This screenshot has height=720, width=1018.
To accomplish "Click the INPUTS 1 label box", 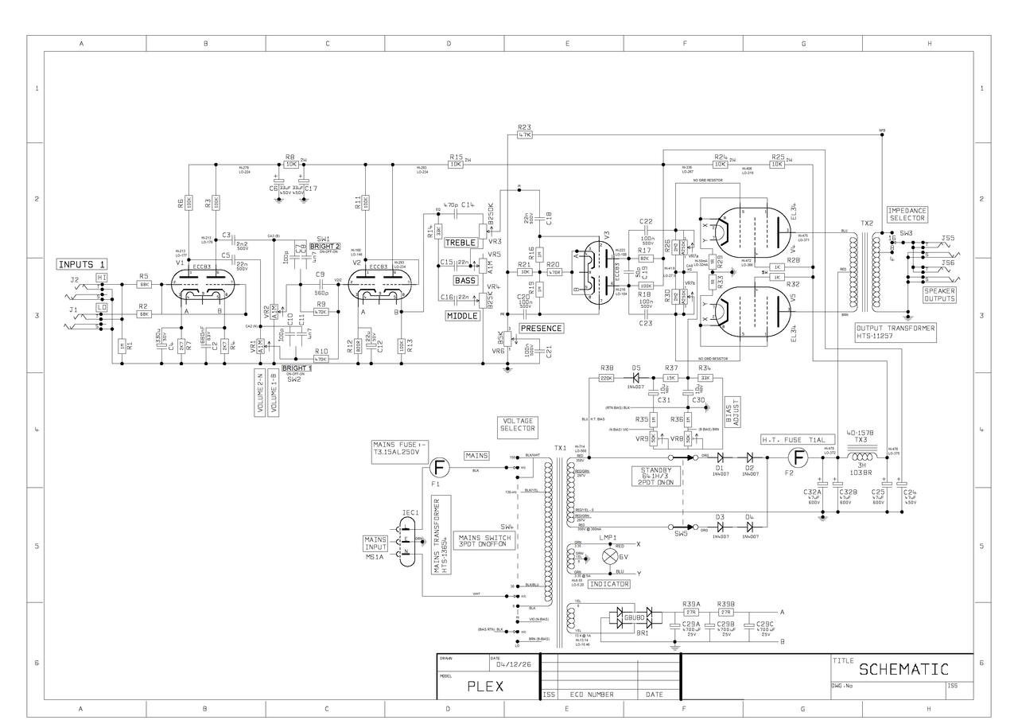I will [81, 264].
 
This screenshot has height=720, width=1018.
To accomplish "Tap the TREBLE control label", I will [460, 242].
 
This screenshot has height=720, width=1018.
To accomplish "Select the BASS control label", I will [464, 280].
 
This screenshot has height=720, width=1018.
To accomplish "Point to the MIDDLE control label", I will [462, 316].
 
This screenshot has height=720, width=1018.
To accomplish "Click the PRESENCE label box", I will [541, 328].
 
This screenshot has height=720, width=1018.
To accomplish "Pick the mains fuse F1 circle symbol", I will [437, 468].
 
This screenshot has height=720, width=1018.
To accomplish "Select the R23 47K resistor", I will [524, 136].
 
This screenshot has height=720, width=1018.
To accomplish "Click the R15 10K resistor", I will [456, 165].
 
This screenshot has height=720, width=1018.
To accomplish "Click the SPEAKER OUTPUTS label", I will [939, 295].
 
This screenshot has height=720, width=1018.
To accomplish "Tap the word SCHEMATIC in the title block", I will [903, 669].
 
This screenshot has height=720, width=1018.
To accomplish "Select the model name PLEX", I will [485, 687].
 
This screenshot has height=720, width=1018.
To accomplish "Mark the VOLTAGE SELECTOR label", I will [518, 425].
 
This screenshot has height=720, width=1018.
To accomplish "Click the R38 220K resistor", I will [606, 378].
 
